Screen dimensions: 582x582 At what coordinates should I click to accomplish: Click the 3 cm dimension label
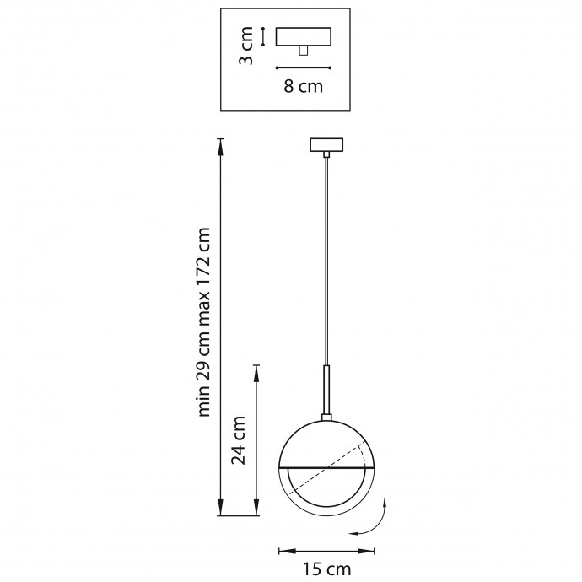click(245, 46)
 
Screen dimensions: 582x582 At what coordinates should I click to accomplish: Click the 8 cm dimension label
click(304, 86)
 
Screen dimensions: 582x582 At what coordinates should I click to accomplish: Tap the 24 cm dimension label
click(239, 440)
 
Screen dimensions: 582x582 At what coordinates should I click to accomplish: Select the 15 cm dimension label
click(326, 569)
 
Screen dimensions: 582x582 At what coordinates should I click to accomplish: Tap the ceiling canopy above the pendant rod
click(326, 145)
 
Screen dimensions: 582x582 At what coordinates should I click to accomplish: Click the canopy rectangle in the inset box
click(304, 36)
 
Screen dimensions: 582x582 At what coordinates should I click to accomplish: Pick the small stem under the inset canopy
click(304, 51)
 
